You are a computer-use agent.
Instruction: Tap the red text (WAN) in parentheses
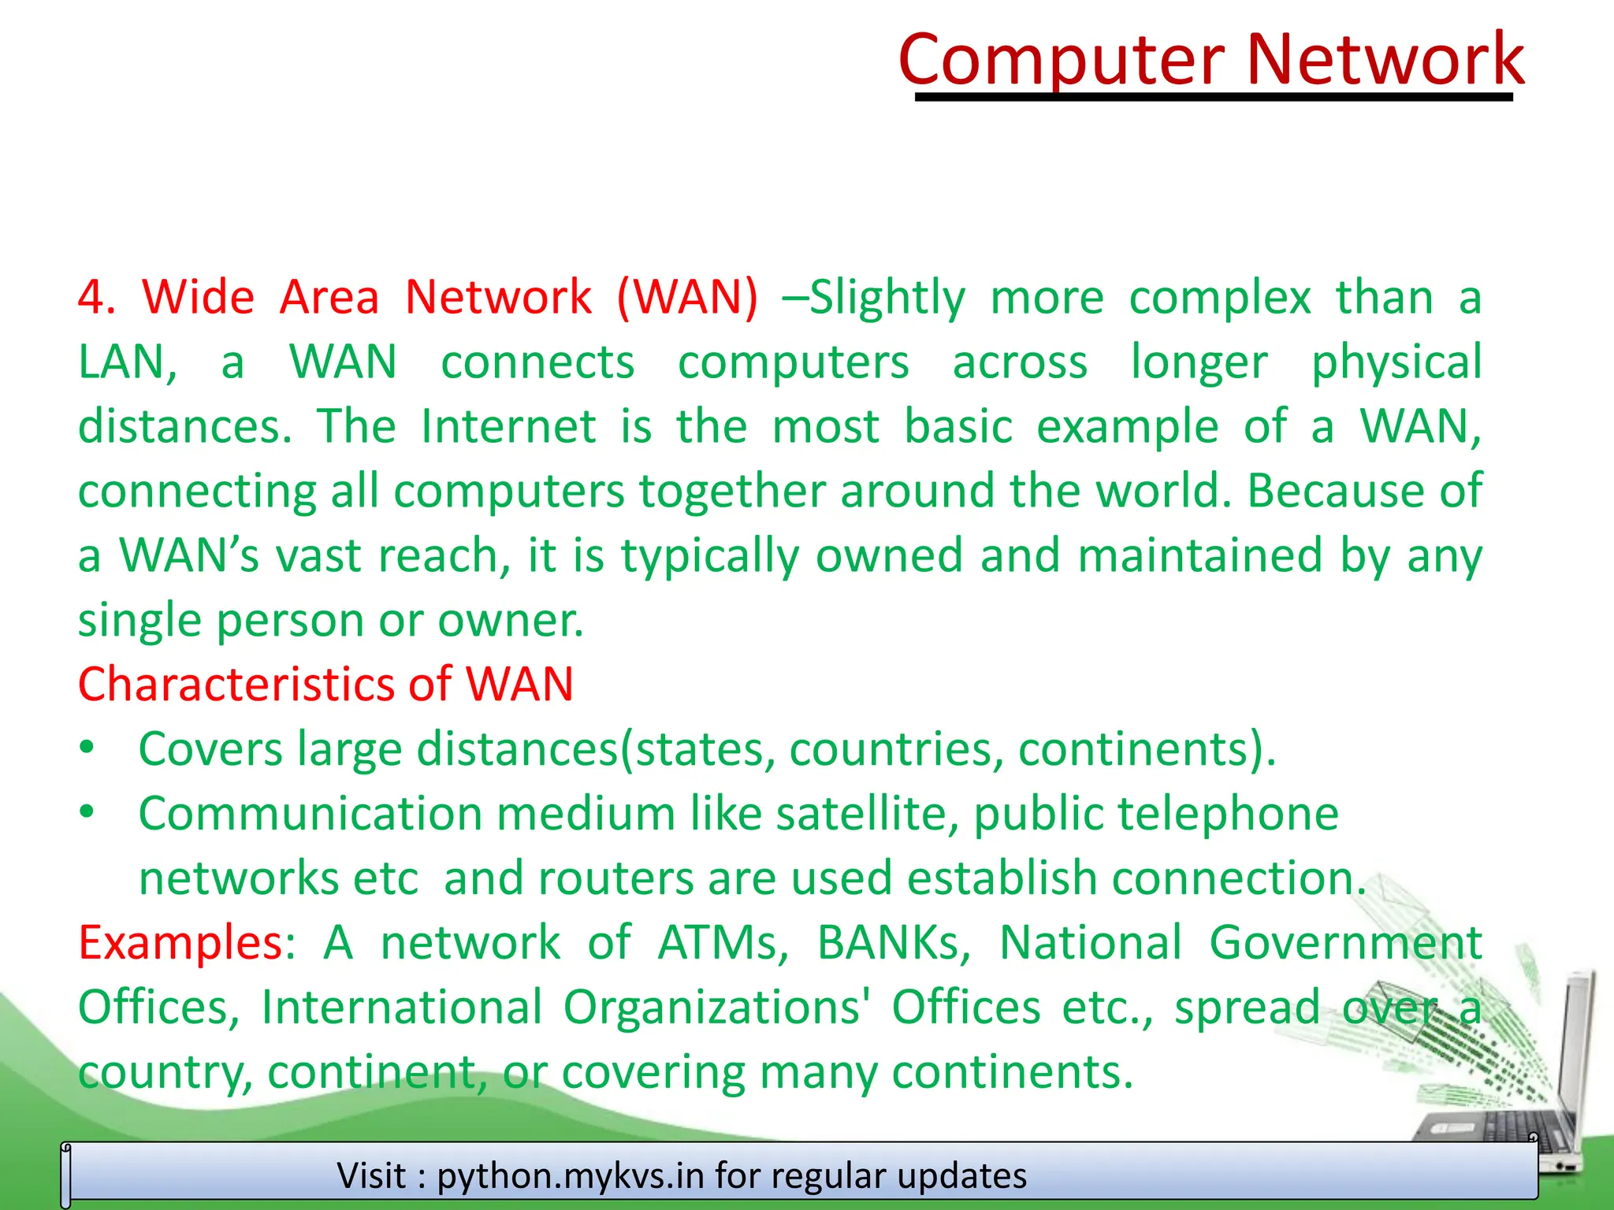click(x=687, y=297)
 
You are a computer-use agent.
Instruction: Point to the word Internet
click(x=508, y=426)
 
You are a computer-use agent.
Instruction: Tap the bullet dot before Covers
click(x=87, y=747)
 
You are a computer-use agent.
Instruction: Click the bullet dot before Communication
click(x=87, y=811)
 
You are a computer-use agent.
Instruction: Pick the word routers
click(x=615, y=878)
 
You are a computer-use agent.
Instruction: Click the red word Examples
click(x=180, y=942)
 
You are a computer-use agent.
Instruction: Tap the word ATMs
click(x=723, y=942)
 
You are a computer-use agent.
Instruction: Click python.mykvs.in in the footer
click(x=570, y=1175)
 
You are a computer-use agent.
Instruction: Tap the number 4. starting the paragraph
click(x=96, y=298)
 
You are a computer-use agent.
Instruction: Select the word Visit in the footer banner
click(x=371, y=1175)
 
